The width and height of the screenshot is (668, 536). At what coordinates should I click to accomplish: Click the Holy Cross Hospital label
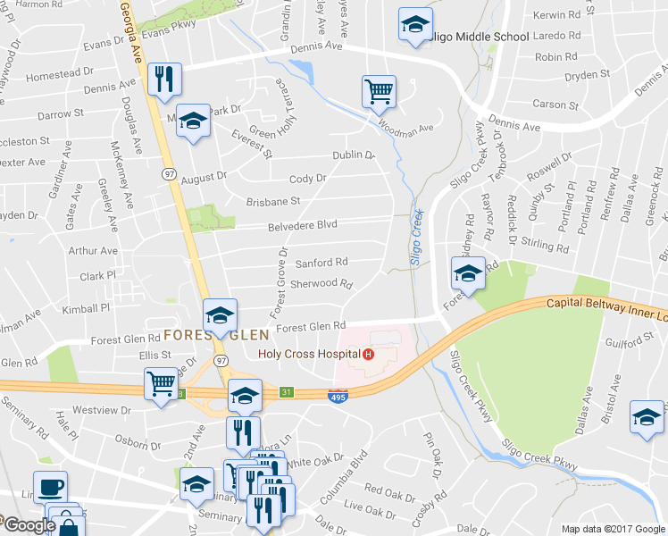pyautogui.click(x=308, y=354)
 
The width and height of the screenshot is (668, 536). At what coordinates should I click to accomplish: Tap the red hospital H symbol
pyautogui.click(x=367, y=354)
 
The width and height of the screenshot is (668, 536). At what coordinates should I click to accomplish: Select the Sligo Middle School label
pyautogui.click(x=478, y=37)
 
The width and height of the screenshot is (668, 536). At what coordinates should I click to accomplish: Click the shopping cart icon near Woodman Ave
pyautogui.click(x=379, y=90)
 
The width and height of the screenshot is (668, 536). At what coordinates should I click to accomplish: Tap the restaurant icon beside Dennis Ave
pyautogui.click(x=164, y=79)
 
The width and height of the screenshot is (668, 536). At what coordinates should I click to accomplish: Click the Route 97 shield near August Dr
pyautogui.click(x=169, y=175)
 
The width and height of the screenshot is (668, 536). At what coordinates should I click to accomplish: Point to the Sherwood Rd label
pyautogui.click(x=323, y=283)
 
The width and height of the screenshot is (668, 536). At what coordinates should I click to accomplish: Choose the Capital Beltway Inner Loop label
pyautogui.click(x=607, y=310)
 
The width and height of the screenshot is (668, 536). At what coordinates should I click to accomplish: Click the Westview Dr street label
pyautogui.click(x=101, y=411)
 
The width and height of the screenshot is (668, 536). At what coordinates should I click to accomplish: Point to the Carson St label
pyautogui.click(x=555, y=105)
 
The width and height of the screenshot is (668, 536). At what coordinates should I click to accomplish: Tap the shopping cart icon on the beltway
pyautogui.click(x=161, y=385)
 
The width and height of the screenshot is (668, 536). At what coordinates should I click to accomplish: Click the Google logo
pyautogui.click(x=28, y=525)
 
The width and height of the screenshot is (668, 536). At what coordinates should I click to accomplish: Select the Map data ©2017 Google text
pyautogui.click(x=612, y=529)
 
